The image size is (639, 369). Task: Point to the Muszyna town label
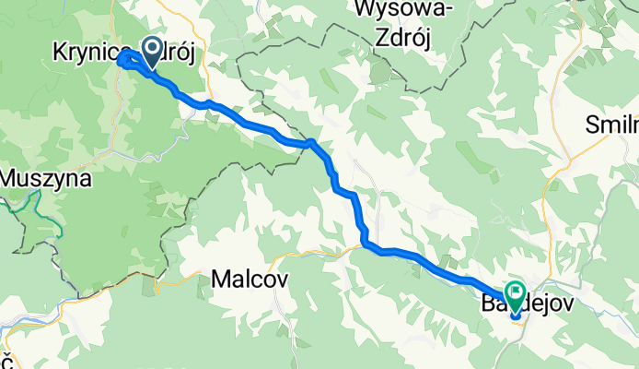click(x=45, y=178)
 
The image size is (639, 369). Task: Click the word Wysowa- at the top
click(x=401, y=11)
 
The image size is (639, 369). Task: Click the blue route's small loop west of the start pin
click(x=122, y=60)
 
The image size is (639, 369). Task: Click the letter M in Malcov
click(x=222, y=278)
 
